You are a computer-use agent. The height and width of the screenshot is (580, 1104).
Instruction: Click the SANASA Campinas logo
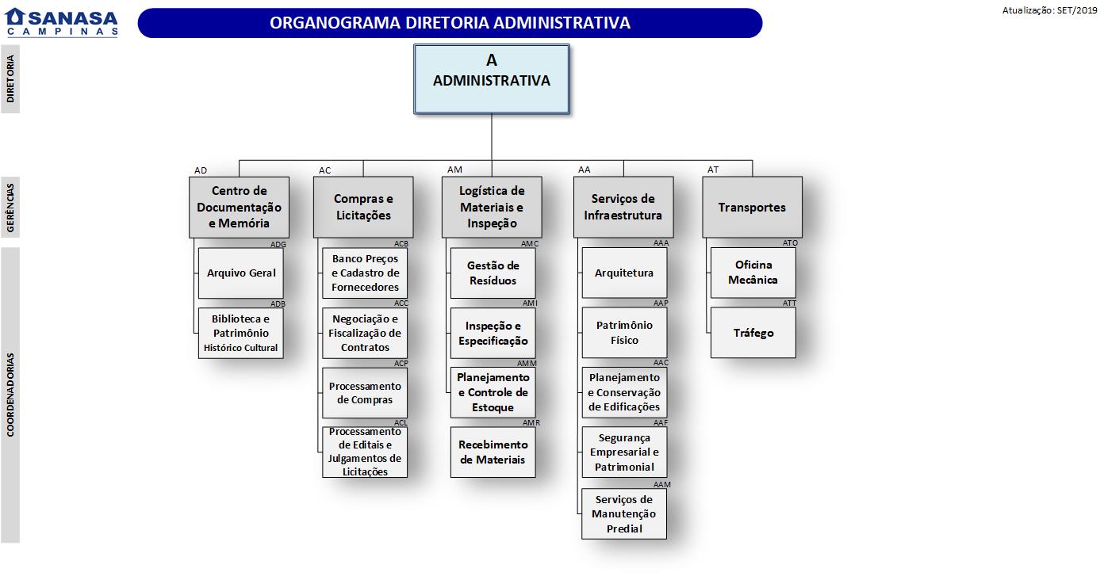[x=62, y=21]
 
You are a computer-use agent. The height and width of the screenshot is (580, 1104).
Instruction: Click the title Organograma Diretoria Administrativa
[x=450, y=23]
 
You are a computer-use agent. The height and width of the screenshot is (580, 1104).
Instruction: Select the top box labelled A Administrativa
[x=491, y=78]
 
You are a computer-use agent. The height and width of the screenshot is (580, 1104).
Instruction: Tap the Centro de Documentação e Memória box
[x=239, y=207]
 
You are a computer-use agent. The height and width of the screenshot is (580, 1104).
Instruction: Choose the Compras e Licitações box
[x=363, y=207]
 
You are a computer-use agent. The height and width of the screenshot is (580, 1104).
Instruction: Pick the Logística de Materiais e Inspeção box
[x=492, y=207]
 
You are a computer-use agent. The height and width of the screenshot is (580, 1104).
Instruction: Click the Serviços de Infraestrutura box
[x=623, y=207]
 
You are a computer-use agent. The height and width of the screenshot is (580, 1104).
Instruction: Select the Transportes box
[x=752, y=207]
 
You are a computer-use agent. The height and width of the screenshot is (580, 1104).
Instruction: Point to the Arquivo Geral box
[x=241, y=273]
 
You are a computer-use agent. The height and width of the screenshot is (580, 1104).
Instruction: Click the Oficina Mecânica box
[x=753, y=273]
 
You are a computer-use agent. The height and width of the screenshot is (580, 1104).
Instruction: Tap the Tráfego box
[x=753, y=333]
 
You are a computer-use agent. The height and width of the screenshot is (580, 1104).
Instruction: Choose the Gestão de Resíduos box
[x=493, y=273]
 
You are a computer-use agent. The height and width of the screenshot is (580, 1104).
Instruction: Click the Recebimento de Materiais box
[x=493, y=452]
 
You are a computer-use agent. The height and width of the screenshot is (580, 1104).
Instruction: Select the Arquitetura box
[x=624, y=273]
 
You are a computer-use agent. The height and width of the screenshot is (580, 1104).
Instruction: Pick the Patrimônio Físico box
[x=624, y=333]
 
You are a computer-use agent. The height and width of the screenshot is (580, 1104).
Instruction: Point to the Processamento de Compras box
[x=365, y=393]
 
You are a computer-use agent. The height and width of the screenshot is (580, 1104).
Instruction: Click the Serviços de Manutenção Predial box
[x=624, y=513]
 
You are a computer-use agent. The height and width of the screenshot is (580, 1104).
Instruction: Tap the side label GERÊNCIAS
[x=10, y=207]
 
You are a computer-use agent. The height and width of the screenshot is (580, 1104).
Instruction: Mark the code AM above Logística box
[x=454, y=170]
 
